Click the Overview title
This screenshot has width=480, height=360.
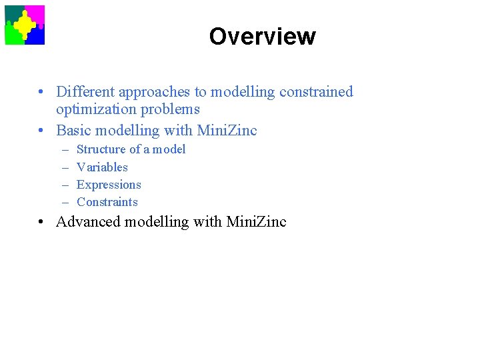(x=262, y=36)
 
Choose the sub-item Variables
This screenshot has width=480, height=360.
(x=102, y=167)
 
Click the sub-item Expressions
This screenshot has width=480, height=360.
(x=109, y=185)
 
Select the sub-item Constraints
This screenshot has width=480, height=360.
(x=107, y=202)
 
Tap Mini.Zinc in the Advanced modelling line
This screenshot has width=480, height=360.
(x=256, y=222)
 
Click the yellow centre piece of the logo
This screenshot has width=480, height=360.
(x=25, y=25)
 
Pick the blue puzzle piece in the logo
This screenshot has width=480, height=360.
(x=37, y=37)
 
